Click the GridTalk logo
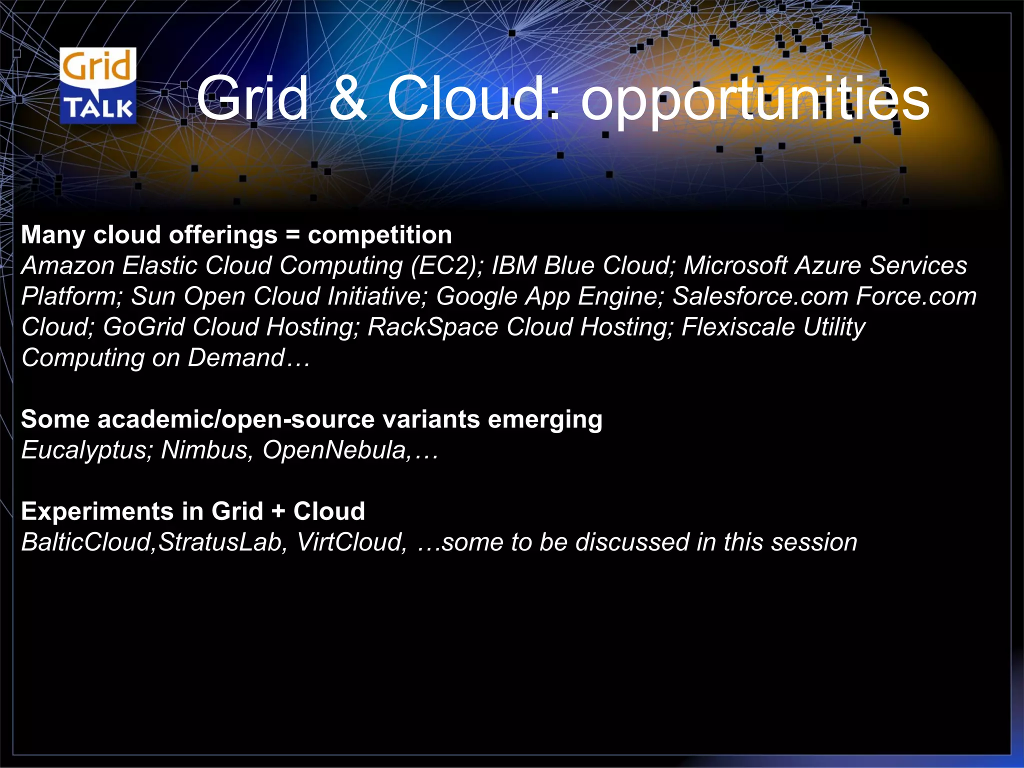pyautogui.click(x=98, y=85)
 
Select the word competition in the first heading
pyautogui.click(x=379, y=235)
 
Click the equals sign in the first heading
pyautogui.click(x=292, y=235)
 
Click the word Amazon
pyautogui.click(x=68, y=265)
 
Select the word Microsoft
pyautogui.click(x=735, y=265)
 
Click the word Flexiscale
pyautogui.click(x=738, y=327)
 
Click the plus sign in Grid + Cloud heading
pyautogui.click(x=278, y=511)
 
